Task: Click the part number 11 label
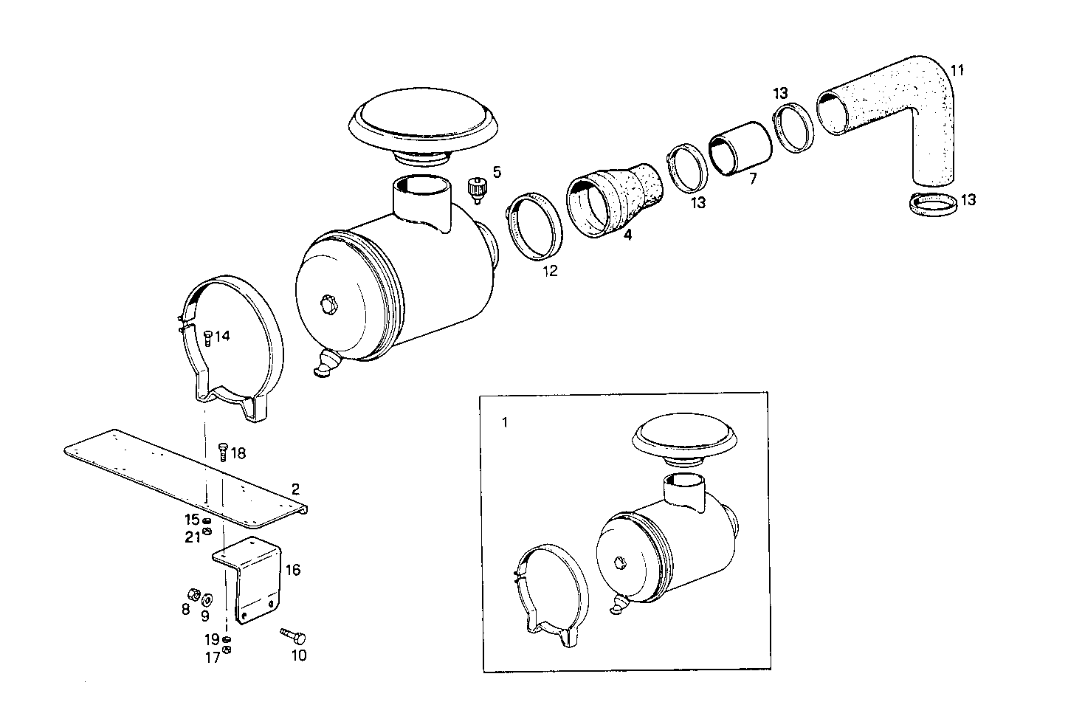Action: click(x=957, y=71)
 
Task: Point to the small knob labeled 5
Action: click(x=478, y=189)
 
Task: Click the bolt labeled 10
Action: click(x=293, y=636)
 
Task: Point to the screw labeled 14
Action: click(x=207, y=337)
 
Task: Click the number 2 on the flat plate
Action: click(x=295, y=489)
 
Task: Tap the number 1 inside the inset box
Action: click(x=504, y=423)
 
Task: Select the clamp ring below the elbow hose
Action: click(x=931, y=204)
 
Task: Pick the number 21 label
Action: click(x=192, y=537)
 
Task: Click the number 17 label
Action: click(x=213, y=658)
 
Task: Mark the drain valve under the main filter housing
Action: click(x=324, y=365)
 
